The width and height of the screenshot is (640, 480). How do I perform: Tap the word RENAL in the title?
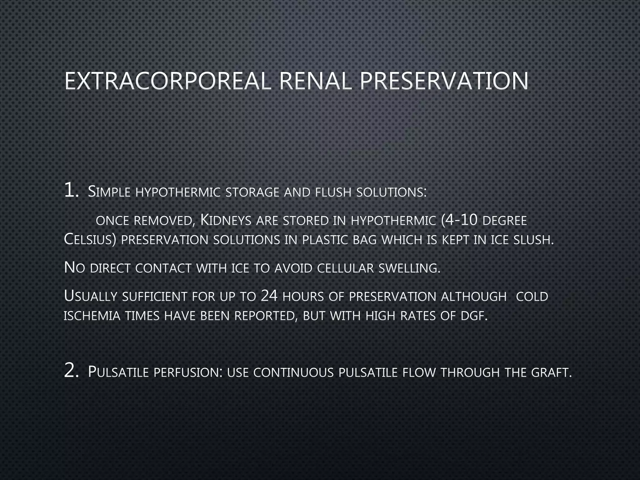tap(316, 81)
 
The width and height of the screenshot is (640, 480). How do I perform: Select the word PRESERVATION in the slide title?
tap(444, 81)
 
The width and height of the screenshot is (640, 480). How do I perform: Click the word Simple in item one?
tap(109, 192)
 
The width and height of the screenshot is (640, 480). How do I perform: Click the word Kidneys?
tap(226, 220)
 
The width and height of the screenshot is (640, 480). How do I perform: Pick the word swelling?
tap(409, 268)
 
